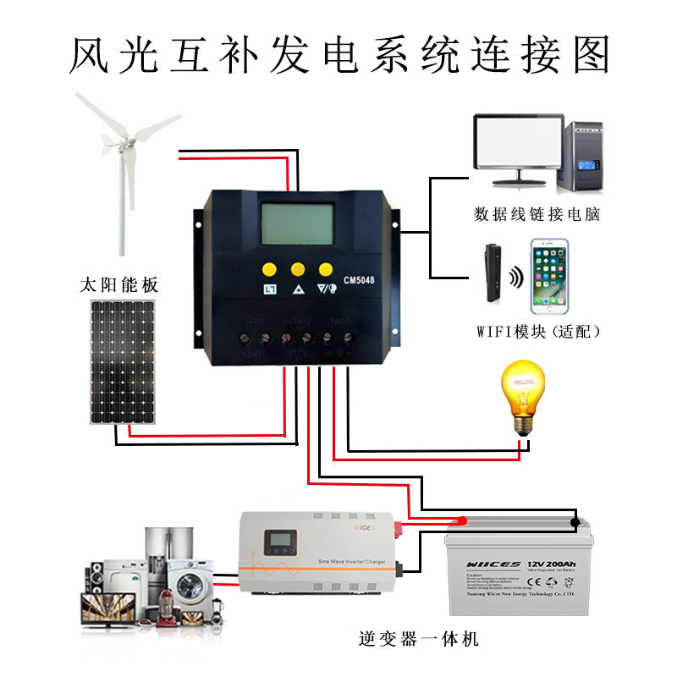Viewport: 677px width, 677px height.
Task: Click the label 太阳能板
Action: tap(118, 284)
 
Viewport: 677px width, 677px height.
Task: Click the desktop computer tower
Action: tap(583, 157)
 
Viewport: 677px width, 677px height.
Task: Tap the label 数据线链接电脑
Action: tap(537, 214)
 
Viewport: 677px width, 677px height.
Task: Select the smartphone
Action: tap(548, 278)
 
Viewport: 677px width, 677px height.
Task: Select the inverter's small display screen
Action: tap(278, 542)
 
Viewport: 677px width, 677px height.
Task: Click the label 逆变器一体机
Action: tap(418, 639)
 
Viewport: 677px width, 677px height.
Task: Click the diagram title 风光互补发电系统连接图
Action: tap(338, 55)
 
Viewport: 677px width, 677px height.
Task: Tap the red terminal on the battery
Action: tap(462, 520)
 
